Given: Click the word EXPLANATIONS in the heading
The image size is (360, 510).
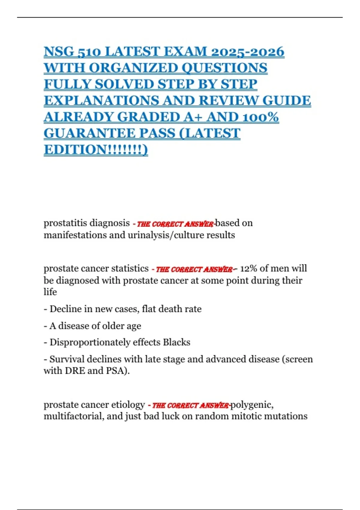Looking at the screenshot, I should click(x=101, y=100).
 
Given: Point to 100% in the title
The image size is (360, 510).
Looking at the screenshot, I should click(x=260, y=117).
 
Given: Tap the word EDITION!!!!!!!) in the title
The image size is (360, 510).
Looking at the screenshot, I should click(x=96, y=149).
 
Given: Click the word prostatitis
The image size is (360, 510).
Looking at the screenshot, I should click(x=65, y=223).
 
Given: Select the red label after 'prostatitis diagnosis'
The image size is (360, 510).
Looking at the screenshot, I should click(x=175, y=224).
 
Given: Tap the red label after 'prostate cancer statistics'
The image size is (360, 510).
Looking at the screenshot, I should click(x=193, y=269).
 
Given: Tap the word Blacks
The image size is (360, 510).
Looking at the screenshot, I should click(x=176, y=342).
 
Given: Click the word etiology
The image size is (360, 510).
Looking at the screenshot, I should click(x=128, y=405).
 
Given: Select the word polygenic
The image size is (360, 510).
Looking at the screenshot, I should click(x=251, y=405).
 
